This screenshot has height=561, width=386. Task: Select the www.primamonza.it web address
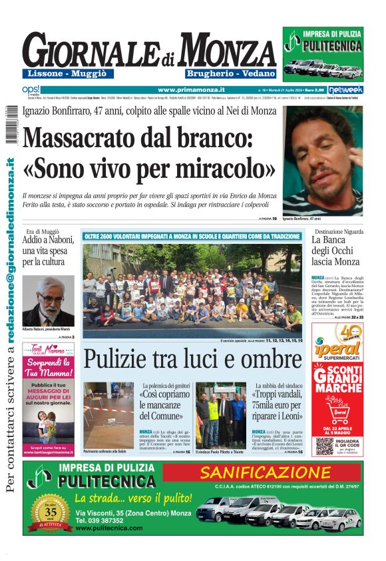pyautogui.click(x=191, y=89)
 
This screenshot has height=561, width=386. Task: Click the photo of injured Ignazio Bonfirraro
pyautogui.click(x=323, y=160)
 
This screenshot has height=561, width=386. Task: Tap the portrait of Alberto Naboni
pyautogui.click(x=48, y=300)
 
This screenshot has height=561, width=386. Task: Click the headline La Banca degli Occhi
pyautogui.click(x=335, y=252)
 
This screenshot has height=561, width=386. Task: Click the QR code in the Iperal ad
pyautogui.click(x=324, y=446)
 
